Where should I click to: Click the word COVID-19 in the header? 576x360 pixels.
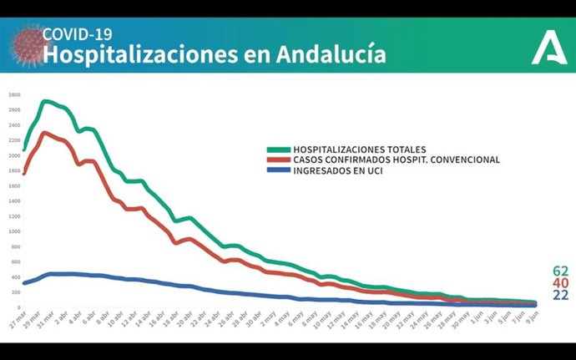77,34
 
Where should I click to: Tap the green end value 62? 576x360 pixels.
560,271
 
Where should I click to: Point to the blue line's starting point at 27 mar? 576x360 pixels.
24,283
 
